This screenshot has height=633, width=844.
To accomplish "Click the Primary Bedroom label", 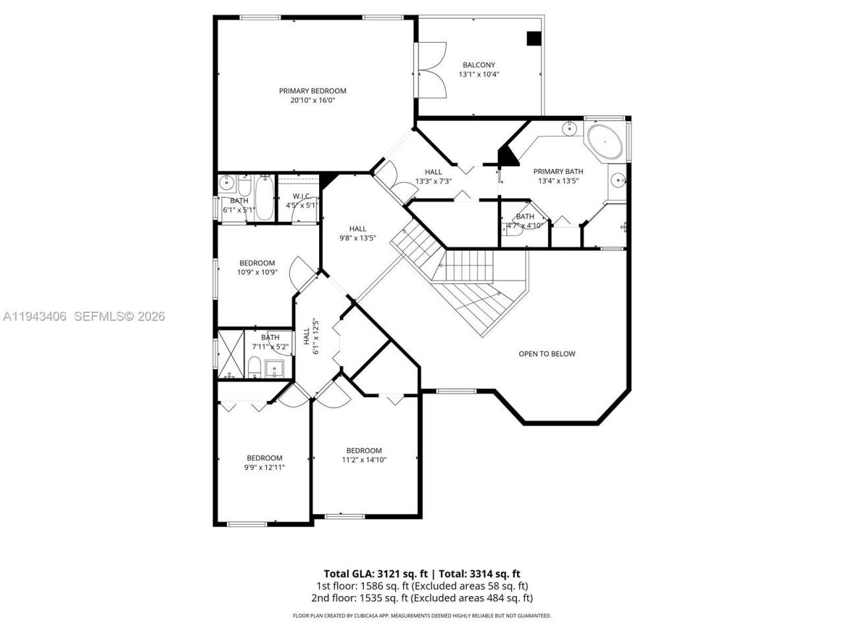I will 313,91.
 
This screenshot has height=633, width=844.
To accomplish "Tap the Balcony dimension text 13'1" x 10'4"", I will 479,75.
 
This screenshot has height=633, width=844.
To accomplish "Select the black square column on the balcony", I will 533,39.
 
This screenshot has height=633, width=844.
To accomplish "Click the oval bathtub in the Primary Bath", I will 605,142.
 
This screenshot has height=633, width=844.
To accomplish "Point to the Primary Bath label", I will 558,171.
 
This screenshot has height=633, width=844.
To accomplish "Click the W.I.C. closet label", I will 301,196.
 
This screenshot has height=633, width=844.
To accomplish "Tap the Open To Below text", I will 547,354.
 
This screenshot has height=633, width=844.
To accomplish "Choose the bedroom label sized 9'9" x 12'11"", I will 264,458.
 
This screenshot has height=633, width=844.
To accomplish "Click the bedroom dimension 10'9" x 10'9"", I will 257,272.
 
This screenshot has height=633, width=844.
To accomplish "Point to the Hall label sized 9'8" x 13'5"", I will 357,229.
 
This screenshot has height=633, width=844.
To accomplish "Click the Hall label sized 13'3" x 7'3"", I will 433,172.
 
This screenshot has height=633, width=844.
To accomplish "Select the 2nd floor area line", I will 422,598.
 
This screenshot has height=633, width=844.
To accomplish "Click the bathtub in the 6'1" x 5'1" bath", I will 264,198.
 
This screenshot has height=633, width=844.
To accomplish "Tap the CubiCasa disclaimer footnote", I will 422,616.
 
